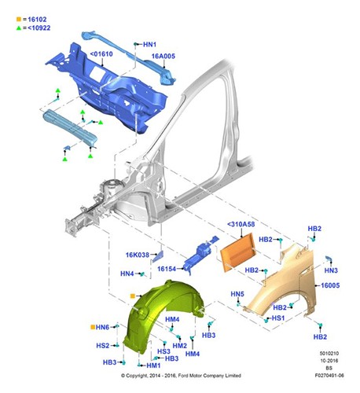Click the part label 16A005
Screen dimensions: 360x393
click(163, 57)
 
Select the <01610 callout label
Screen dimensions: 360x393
click(101, 54)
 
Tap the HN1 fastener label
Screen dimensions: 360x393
click(149, 45)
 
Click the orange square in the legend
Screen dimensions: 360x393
click(19, 19)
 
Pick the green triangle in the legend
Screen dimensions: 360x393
click(19, 28)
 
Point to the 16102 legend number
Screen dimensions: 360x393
click(37, 20)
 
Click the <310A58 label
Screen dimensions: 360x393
click(241, 224)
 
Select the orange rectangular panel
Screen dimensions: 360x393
click(237, 252)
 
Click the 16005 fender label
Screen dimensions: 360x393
click(330, 285)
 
